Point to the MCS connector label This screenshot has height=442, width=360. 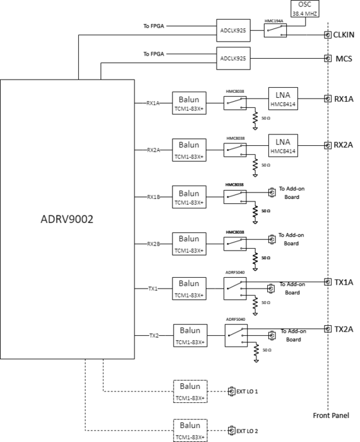342,58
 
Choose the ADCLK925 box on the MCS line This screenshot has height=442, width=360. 233,58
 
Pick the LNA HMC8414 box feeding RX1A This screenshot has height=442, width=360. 283,98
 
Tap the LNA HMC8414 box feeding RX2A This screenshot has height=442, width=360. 283,145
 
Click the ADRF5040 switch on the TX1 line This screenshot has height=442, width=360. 235,289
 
